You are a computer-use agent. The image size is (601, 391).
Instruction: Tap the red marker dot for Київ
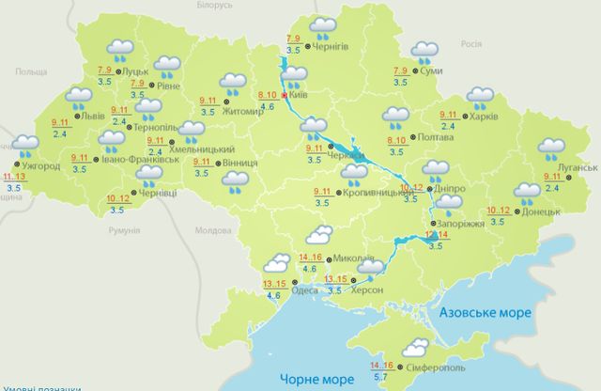click(285, 94)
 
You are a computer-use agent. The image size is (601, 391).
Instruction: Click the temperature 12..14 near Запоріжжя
click(437, 234)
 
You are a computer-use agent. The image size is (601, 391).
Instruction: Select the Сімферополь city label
click(434, 365)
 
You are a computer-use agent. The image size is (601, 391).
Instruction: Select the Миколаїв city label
click(354, 258)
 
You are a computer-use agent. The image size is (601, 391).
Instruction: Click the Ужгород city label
click(41, 166)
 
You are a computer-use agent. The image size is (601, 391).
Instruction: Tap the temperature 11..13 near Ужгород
click(15, 177)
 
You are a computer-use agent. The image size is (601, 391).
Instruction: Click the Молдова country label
click(210, 229)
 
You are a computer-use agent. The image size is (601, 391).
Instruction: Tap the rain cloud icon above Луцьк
click(119, 49)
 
